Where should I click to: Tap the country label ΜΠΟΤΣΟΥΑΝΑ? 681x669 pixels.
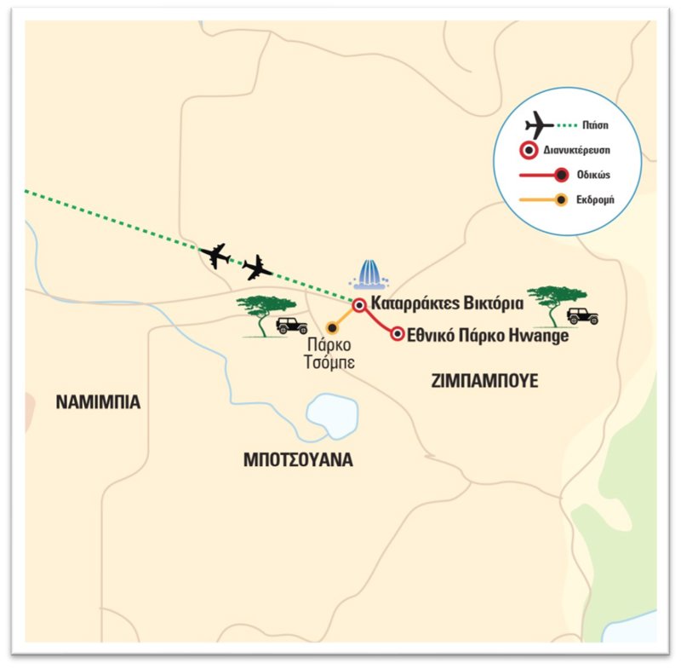click(297, 461)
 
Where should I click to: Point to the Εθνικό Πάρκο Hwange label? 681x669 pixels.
click(489, 335)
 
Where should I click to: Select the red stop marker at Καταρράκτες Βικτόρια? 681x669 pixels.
click(359, 304)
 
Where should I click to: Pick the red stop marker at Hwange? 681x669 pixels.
click(397, 334)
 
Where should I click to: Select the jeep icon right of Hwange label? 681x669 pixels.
click(583, 316)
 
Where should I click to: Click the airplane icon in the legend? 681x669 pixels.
click(540, 126)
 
